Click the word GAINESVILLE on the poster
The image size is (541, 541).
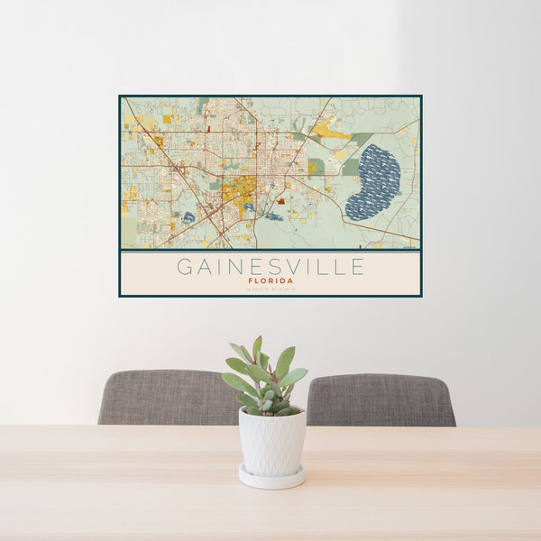(x=270, y=267)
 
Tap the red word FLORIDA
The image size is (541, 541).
(x=270, y=280)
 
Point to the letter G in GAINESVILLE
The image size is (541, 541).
(x=184, y=267)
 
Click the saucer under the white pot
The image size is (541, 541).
(x=271, y=478)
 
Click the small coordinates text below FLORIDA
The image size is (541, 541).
(x=270, y=289)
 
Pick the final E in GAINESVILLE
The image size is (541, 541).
(x=358, y=267)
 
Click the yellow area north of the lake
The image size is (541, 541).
(x=332, y=132)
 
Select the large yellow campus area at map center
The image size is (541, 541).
(x=239, y=192)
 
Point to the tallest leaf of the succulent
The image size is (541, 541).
(x=258, y=348)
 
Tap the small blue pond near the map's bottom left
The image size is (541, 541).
(x=188, y=216)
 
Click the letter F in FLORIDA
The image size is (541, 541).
(x=250, y=280)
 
